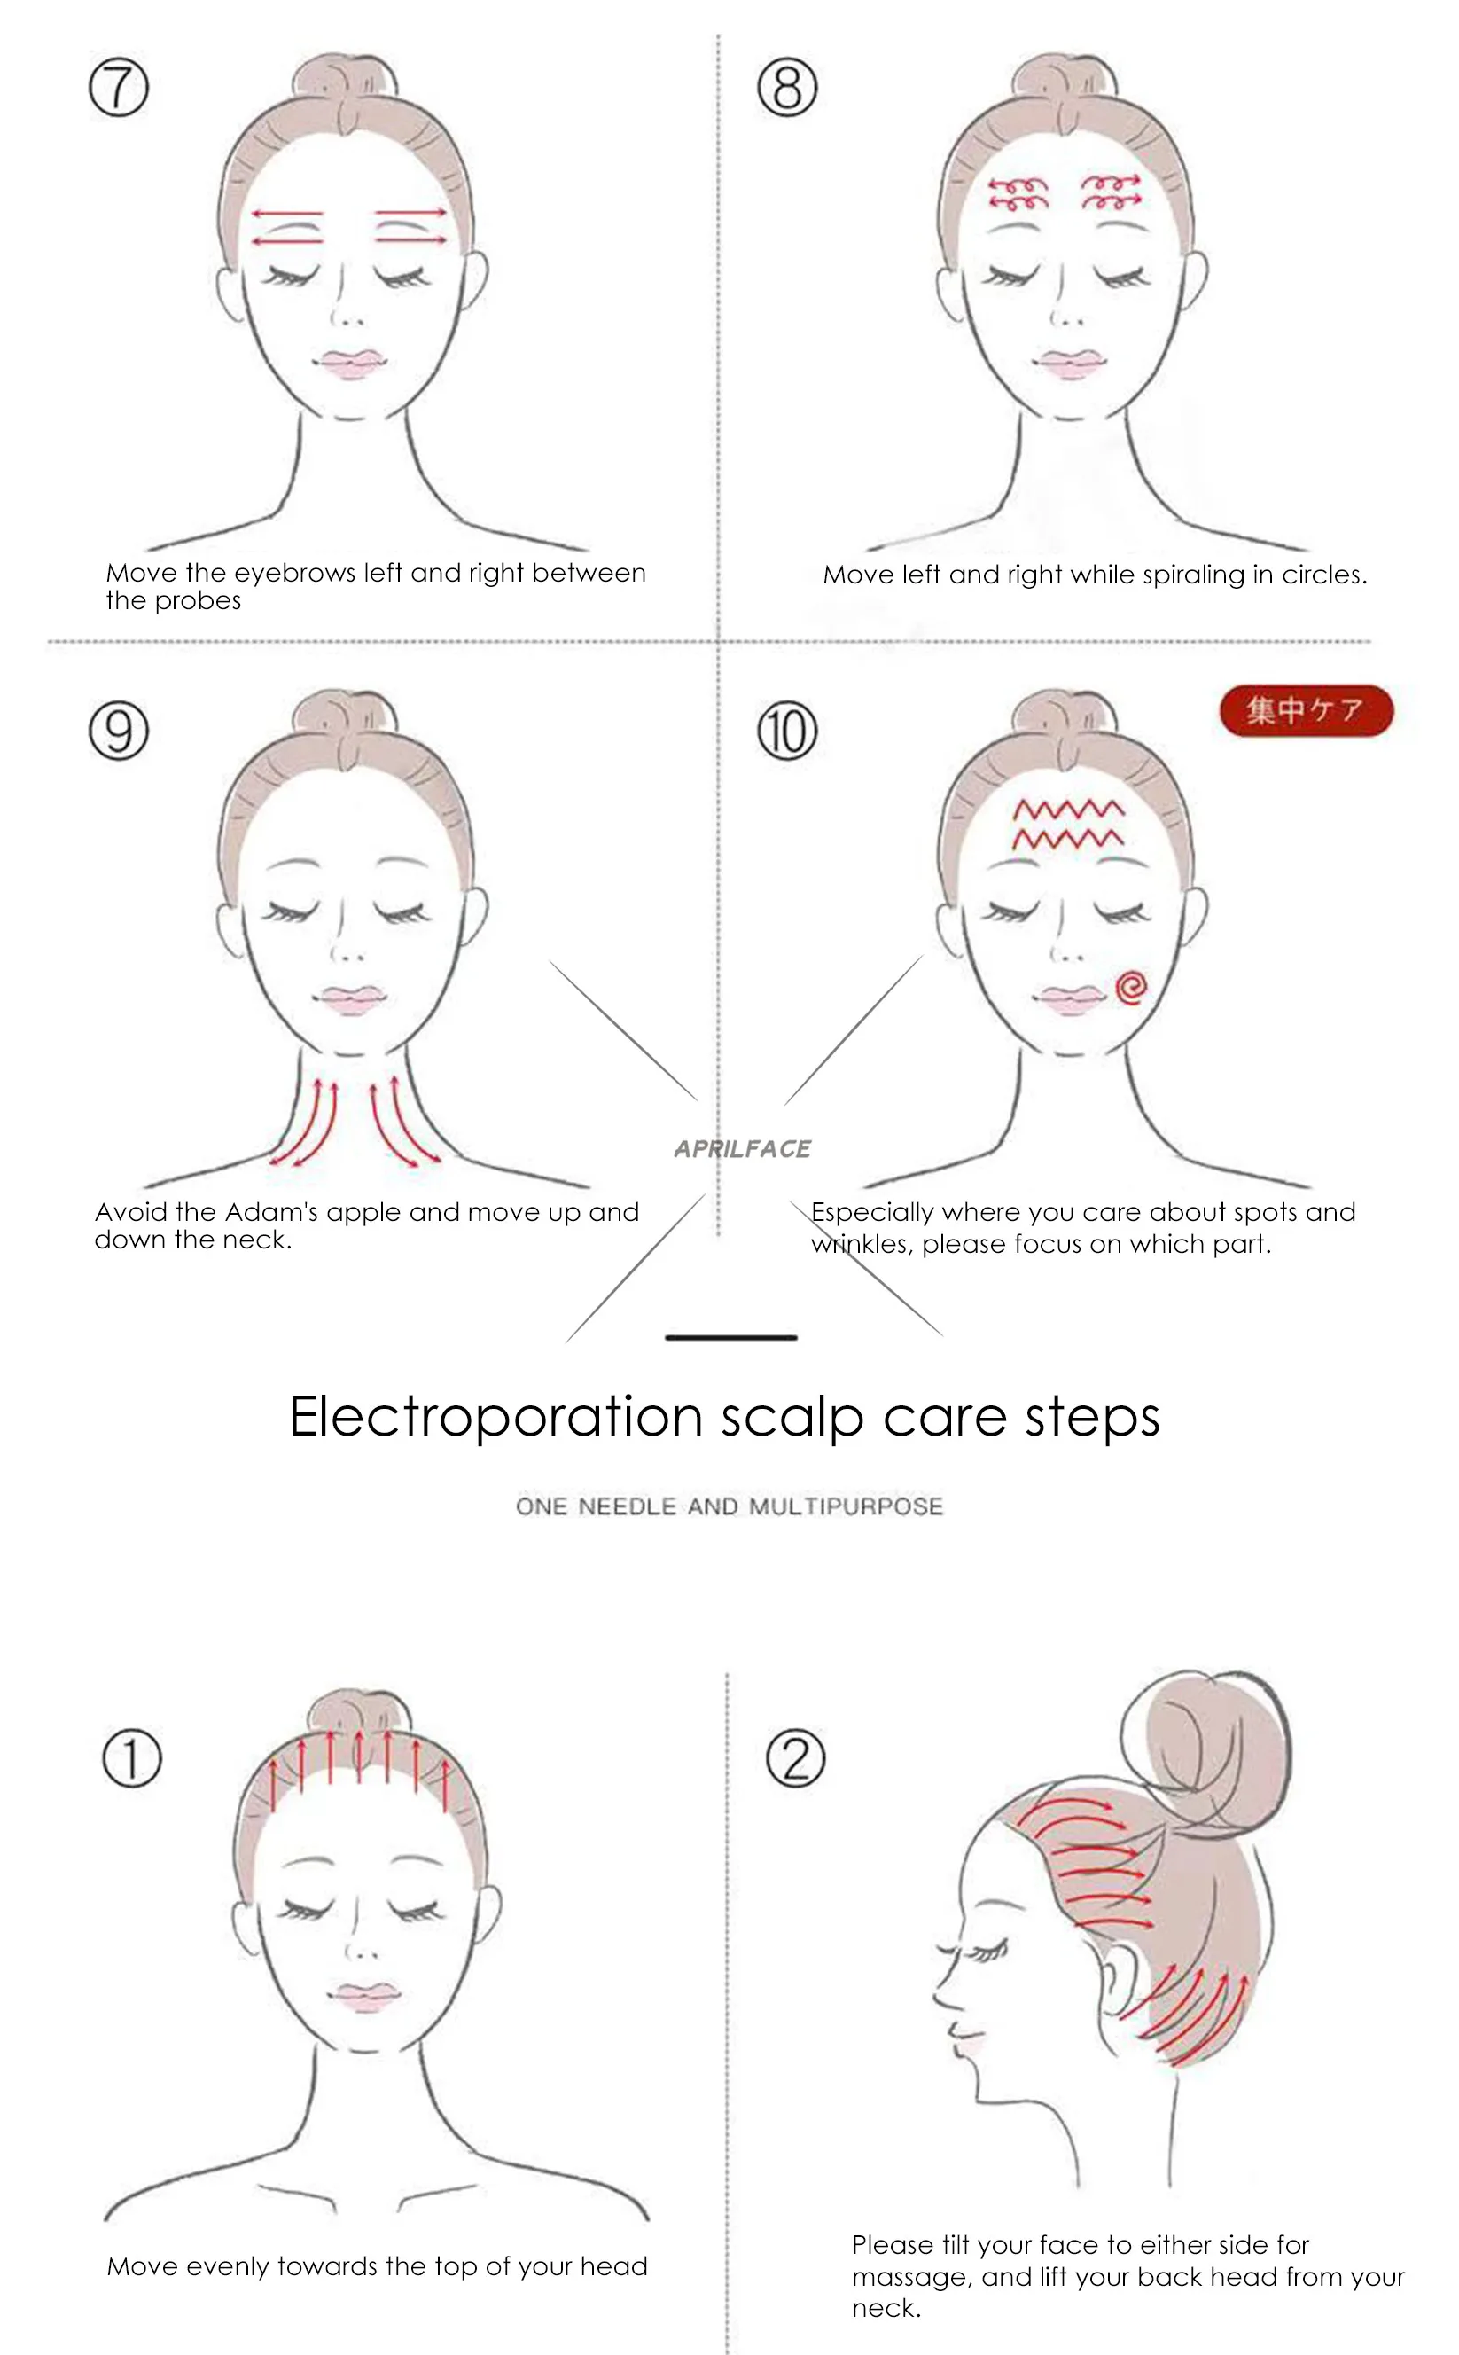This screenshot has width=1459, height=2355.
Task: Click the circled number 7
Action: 119,87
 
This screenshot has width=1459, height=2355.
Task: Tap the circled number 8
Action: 786,87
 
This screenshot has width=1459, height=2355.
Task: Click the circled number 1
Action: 132,1757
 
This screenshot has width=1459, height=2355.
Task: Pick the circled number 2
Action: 795,1757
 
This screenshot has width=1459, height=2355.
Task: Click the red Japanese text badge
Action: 1306,710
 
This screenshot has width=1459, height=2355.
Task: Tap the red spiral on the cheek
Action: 1130,988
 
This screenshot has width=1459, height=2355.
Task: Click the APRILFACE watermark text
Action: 742,1148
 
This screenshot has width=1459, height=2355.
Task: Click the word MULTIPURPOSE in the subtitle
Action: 846,1506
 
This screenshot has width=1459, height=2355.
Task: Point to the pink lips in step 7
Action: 349,364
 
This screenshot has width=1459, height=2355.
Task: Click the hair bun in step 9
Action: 345,713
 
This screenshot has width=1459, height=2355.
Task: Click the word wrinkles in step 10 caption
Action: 861,1244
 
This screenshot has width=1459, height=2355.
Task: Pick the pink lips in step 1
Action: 363,1995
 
